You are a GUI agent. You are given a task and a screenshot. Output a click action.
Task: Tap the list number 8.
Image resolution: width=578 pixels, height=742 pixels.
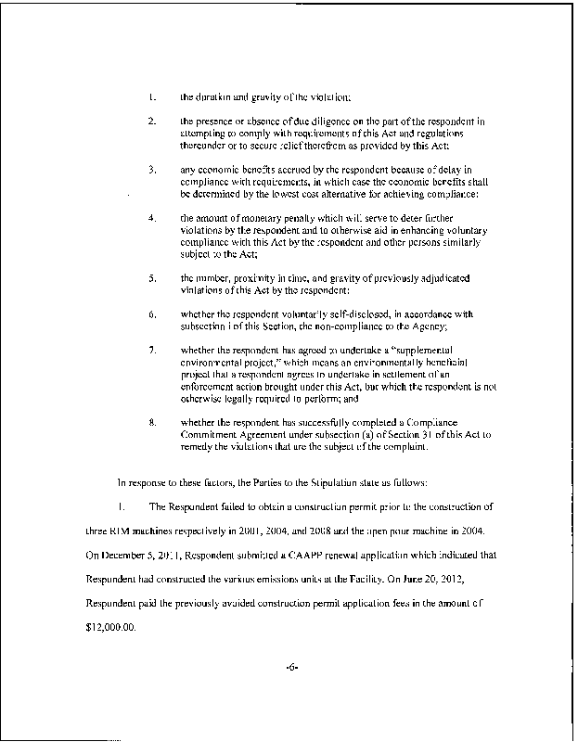152,424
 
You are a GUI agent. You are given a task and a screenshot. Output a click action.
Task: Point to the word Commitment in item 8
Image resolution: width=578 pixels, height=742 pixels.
211,436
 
